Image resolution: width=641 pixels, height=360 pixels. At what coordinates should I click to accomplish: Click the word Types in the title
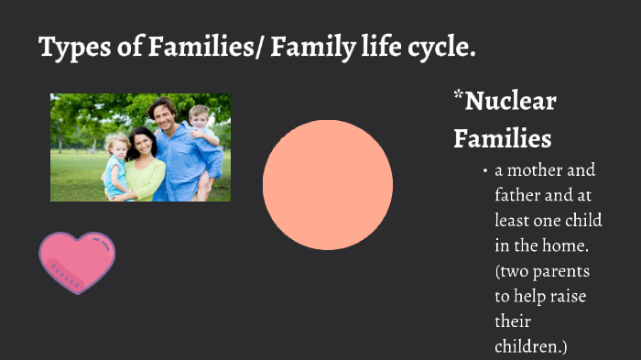tap(71, 48)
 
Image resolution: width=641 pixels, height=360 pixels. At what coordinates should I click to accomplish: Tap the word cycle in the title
tap(440, 48)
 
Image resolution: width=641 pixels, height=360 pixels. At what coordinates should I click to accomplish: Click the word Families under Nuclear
tap(502, 138)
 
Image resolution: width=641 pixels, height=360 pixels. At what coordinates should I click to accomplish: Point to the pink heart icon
tap(77, 261)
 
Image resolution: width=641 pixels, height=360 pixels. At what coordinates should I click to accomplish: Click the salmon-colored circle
tap(327, 184)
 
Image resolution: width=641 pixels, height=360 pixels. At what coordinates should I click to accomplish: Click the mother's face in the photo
tap(143, 142)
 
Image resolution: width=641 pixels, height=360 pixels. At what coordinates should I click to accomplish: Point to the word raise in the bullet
tap(567, 297)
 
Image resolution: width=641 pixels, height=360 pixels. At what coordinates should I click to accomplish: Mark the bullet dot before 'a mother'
tap(484, 171)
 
